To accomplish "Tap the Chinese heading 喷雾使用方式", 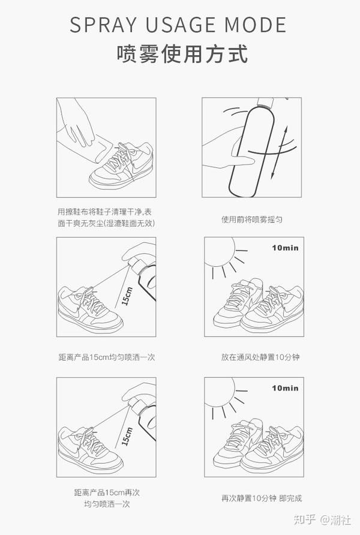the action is [x=182, y=54].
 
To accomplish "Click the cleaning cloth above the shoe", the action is [x=104, y=148].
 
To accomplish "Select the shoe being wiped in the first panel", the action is [x=121, y=165].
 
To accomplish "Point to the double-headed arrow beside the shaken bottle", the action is [x=279, y=152].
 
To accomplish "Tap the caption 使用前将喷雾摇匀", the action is [x=252, y=220].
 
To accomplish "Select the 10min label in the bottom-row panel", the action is [x=285, y=388].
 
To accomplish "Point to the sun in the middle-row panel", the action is [x=222, y=254].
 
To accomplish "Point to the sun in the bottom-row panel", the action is [x=222, y=394].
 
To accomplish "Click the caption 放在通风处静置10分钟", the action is [x=260, y=357].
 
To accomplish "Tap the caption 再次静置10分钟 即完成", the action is [x=262, y=498].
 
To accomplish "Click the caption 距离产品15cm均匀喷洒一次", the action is [x=106, y=357].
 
